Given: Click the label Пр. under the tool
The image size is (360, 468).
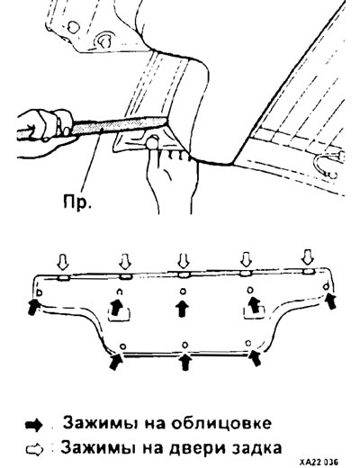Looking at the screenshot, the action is (x=76, y=201).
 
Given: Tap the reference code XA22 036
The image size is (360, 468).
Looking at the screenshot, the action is (x=319, y=461).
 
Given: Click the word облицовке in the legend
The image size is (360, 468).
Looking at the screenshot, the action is (x=221, y=423).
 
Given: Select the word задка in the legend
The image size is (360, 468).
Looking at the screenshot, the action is (x=256, y=448).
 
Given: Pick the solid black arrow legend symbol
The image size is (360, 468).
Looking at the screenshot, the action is (x=33, y=426).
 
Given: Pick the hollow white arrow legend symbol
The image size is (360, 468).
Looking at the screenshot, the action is (x=34, y=450).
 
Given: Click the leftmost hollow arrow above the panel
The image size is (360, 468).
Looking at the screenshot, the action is (x=63, y=262).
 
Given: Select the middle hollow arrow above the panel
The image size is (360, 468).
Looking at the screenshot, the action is (x=184, y=261).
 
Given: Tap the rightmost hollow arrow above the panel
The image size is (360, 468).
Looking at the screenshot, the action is (x=308, y=258).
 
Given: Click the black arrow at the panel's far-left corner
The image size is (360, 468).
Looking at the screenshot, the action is (x=33, y=307).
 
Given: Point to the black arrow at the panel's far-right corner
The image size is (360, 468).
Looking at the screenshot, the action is (x=330, y=301).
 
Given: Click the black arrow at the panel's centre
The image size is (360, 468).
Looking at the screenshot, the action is (x=182, y=309).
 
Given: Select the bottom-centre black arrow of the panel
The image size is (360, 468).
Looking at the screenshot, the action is (x=186, y=362).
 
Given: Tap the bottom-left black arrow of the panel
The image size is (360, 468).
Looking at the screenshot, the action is (x=115, y=361).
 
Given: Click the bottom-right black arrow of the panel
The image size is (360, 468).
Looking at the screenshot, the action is (x=254, y=357).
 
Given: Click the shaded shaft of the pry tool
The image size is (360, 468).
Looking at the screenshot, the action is (x=119, y=126).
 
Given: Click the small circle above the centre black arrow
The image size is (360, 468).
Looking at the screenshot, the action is (x=183, y=292).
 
